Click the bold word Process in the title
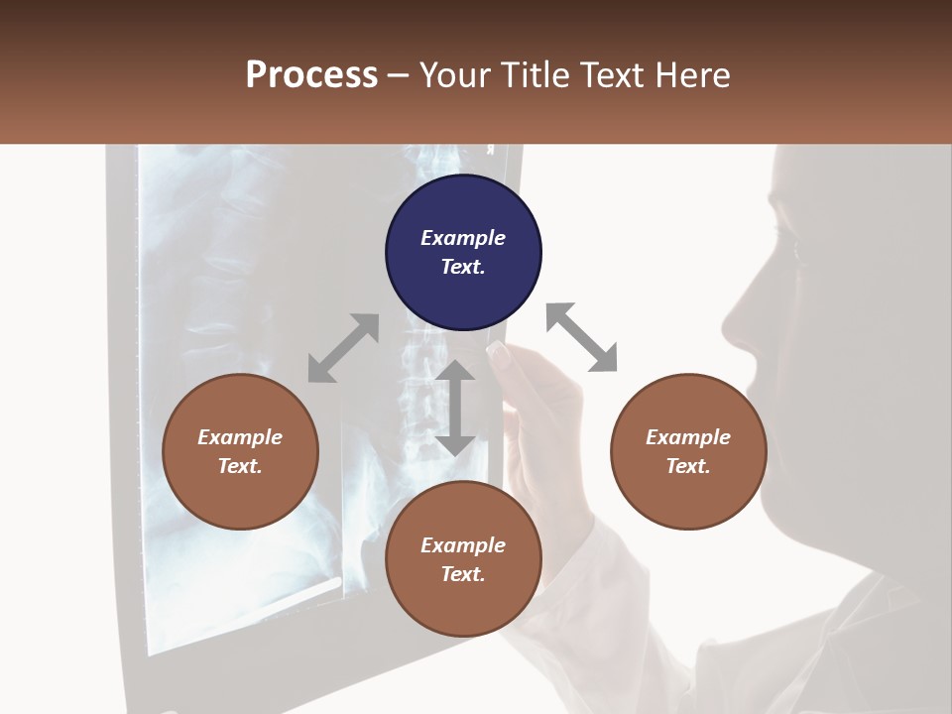pos(311,75)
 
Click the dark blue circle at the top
pos(463,253)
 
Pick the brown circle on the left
pos(240,451)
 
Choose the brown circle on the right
pos(688,451)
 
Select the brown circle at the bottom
pos(463,559)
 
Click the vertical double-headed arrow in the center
pos(455,408)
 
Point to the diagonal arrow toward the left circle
pos(343,348)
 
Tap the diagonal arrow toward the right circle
pos(581,337)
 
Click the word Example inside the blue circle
pos(463,238)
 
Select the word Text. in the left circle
pos(240,466)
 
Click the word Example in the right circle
pos(688,437)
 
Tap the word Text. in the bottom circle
pos(463,574)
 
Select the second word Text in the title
pos(612,75)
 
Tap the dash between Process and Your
pos(398,75)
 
